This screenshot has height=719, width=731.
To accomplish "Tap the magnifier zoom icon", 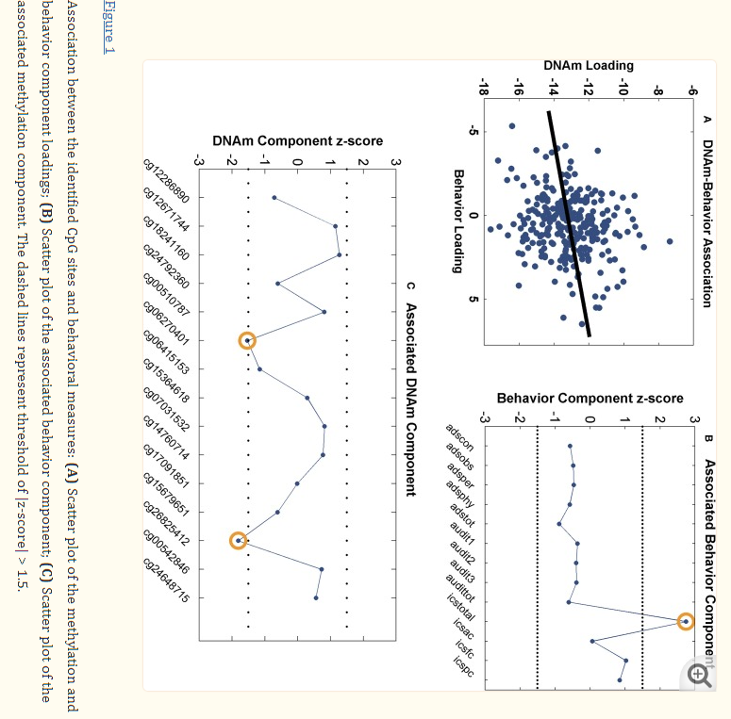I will click(x=699, y=674).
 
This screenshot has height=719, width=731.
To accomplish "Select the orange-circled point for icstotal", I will click(x=686, y=622).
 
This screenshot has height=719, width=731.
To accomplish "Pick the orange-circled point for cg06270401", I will click(x=247, y=341).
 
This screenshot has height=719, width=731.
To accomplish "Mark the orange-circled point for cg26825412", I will click(x=239, y=541).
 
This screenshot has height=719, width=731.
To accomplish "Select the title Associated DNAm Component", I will click(x=410, y=399).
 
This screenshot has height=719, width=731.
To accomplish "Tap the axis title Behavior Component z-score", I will click(x=590, y=398).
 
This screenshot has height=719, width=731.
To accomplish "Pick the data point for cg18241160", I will click(x=340, y=255).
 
